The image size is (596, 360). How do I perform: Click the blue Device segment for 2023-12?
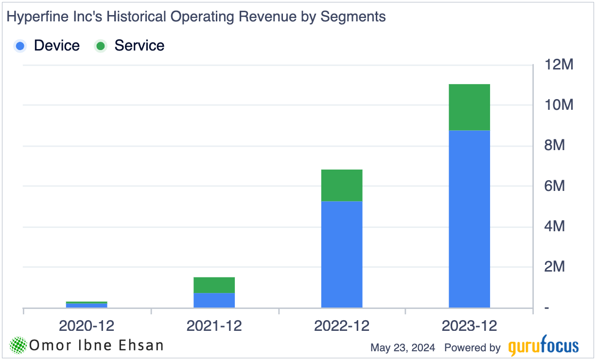[469, 219]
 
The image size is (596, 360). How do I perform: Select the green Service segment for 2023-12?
[469, 107]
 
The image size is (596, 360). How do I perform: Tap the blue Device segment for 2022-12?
[342, 254]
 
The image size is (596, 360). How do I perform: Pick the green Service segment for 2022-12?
[342, 185]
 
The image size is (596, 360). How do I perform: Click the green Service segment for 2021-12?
[214, 285]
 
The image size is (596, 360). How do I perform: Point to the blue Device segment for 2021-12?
[214, 300]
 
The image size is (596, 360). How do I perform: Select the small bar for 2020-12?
[87, 305]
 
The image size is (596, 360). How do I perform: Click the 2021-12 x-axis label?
[214, 326]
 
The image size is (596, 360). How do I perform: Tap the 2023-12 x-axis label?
[469, 326]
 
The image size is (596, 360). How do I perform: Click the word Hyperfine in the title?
[34, 17]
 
